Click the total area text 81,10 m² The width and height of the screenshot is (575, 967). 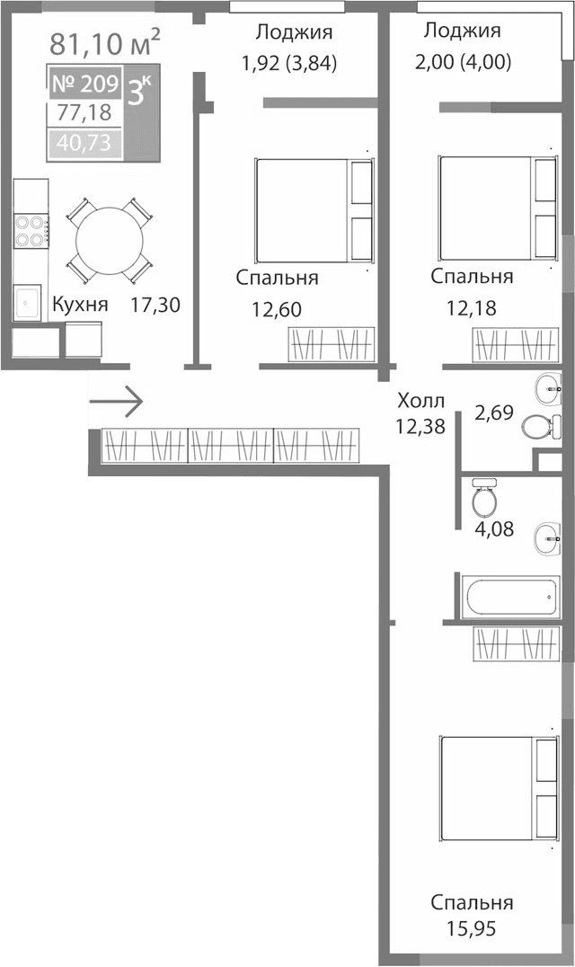105,41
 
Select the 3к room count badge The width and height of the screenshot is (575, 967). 140,93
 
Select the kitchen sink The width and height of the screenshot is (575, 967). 27,303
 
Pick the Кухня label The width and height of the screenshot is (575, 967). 80,305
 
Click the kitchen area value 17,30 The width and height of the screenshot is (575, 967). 155,305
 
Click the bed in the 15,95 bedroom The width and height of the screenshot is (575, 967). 496,787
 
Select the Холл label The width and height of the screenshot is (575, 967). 420,399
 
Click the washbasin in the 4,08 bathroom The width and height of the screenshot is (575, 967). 547,540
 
